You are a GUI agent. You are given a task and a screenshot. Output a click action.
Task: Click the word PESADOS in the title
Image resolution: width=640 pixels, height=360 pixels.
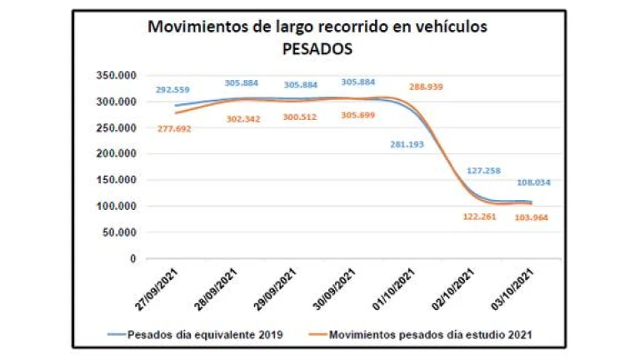click(317, 49)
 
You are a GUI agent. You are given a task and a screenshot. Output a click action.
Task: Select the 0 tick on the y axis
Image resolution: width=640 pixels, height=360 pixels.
click(132, 258)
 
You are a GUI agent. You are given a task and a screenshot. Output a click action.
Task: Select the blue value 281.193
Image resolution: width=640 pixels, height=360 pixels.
click(407, 144)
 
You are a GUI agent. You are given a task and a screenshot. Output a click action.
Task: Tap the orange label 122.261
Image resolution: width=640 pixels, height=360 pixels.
click(482, 217)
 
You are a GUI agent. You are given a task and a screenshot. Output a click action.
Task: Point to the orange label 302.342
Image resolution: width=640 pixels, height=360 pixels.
click(243, 118)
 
